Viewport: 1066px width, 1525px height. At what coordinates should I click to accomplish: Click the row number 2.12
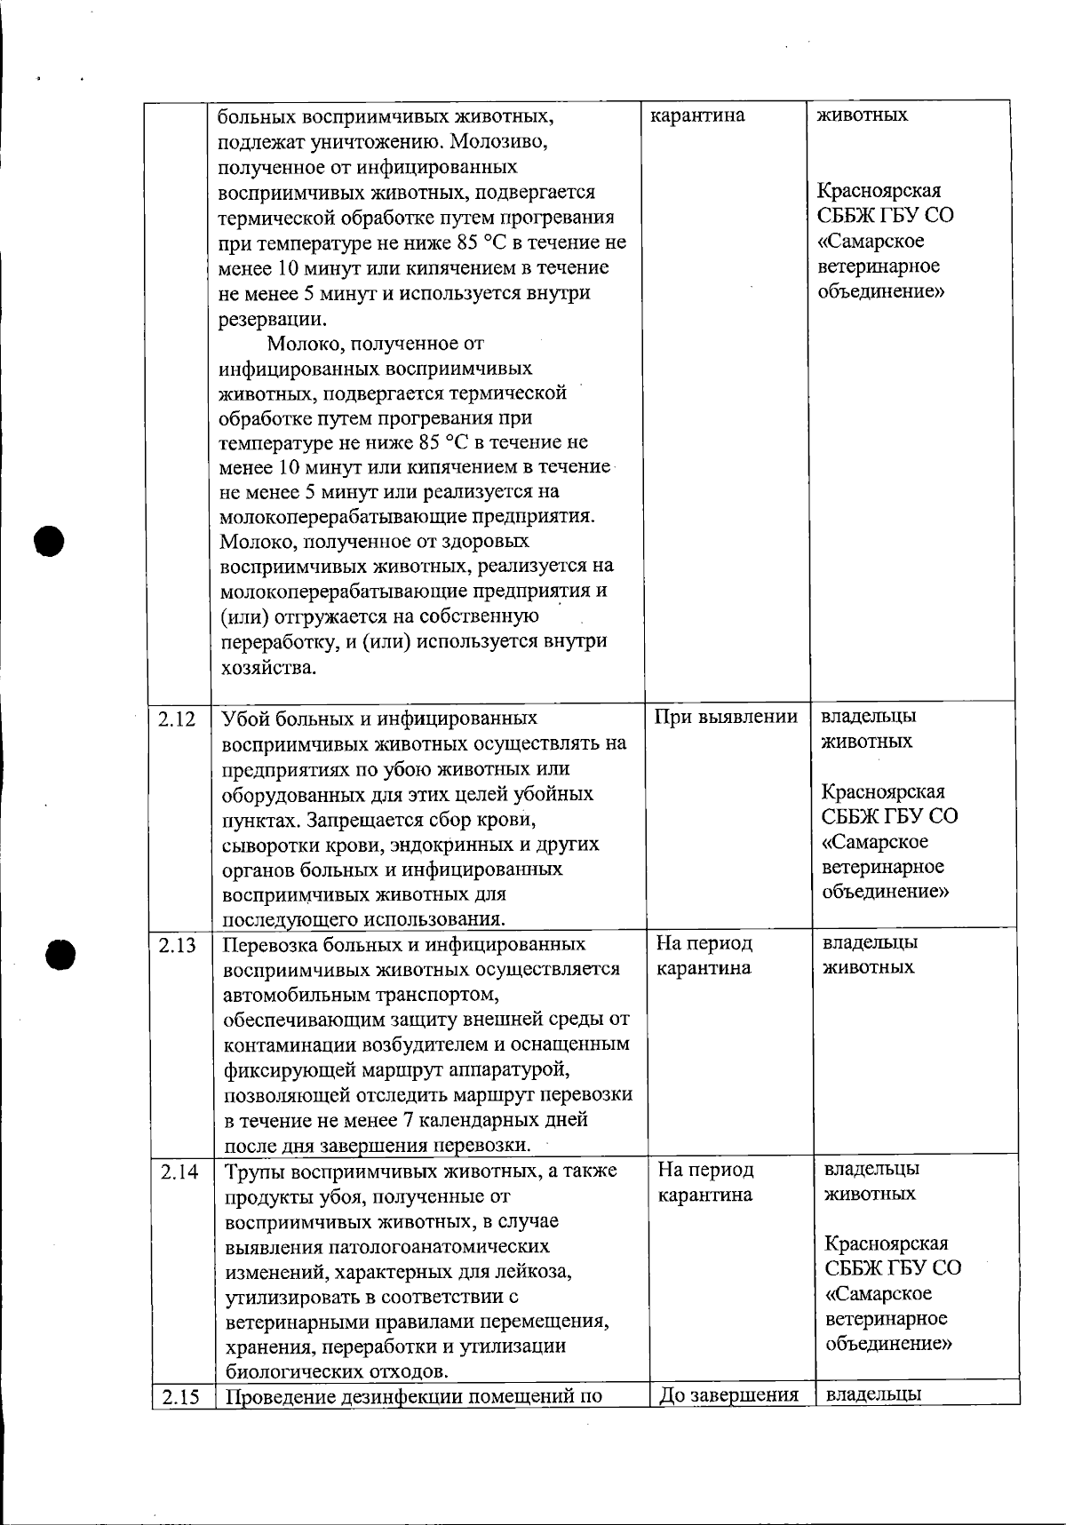[x=178, y=719]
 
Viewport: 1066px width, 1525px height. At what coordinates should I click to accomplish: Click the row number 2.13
[x=178, y=945]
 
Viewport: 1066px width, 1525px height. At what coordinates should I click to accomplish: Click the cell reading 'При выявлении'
[x=726, y=718]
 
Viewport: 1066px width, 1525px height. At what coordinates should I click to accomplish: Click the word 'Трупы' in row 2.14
[x=253, y=1171]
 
